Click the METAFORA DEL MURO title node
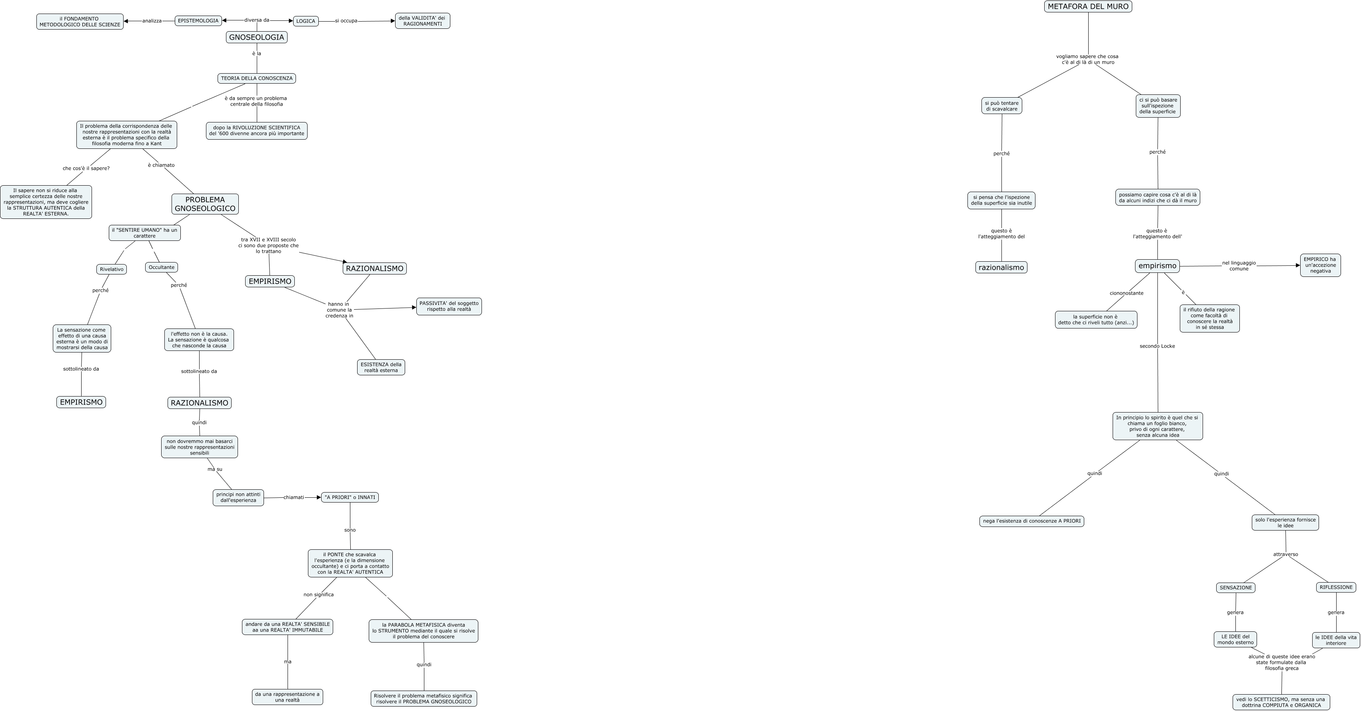pyautogui.click(x=1088, y=6)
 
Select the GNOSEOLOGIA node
pyautogui.click(x=256, y=37)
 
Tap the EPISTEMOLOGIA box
pyautogui.click(x=198, y=21)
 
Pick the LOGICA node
pyautogui.click(x=306, y=21)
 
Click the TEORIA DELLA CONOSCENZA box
pyautogui.click(x=256, y=78)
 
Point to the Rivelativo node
pyautogui.click(x=112, y=269)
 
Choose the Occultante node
pyautogui.click(x=161, y=267)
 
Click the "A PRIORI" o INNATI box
pyautogui.click(x=350, y=497)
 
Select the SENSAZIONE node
pyautogui.click(x=1235, y=587)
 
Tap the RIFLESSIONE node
pyautogui.click(x=1336, y=587)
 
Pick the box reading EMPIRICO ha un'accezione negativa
pyautogui.click(x=1320, y=265)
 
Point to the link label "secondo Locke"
pyautogui.click(x=1157, y=346)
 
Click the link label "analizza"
pyautogui.click(x=152, y=21)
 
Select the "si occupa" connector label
pyautogui.click(x=346, y=21)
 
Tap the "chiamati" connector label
pyautogui.click(x=294, y=497)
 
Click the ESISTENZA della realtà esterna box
pyautogui.click(x=381, y=367)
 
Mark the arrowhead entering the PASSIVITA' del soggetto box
pyautogui.click(x=414, y=307)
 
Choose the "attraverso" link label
pyautogui.click(x=1285, y=554)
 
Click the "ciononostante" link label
pyautogui.click(x=1126, y=293)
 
